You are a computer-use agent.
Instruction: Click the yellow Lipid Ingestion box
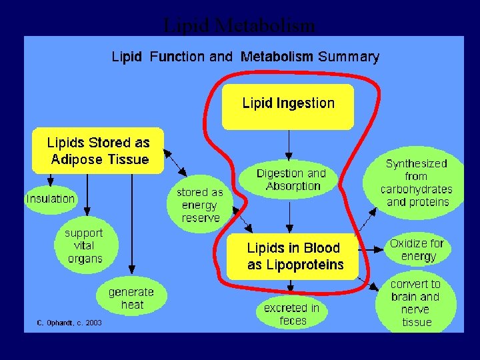coord(287,106)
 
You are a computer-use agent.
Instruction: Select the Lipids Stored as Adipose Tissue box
coord(98,151)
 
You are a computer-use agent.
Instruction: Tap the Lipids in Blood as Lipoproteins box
coord(293,256)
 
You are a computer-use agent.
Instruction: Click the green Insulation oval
coord(51,199)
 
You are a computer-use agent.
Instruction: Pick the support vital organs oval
coord(84,246)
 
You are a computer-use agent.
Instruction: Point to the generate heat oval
coord(131,298)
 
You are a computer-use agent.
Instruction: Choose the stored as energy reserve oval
coord(200,205)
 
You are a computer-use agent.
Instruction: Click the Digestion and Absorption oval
coord(291,179)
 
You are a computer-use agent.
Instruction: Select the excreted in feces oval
coord(291,314)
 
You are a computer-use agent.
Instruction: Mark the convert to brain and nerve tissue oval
coord(417,303)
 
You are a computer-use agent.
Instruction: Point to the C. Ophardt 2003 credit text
coord(69,323)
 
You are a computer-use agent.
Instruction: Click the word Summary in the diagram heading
coord(349,57)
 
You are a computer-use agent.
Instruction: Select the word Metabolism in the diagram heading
coord(276,57)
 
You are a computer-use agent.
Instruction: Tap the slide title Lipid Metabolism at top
coord(239,25)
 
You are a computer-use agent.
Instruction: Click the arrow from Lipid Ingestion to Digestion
coord(289,145)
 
